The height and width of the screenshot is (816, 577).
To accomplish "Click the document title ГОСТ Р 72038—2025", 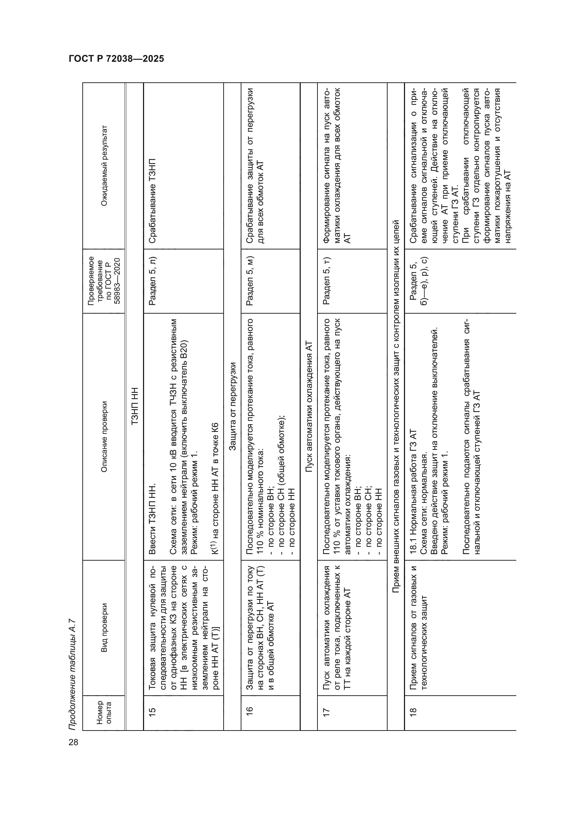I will click(x=116, y=59).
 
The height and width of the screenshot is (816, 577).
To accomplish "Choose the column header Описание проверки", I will click(x=104, y=437).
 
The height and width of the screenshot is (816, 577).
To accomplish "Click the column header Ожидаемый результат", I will click(x=104, y=166).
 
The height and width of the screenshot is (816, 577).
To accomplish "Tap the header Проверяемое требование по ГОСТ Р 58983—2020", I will click(x=104, y=281).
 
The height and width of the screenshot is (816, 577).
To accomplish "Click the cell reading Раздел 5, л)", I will click(x=152, y=281).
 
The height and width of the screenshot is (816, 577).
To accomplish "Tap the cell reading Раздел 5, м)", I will click(x=249, y=281).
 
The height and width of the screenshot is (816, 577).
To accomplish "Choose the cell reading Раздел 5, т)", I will click(x=326, y=281).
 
